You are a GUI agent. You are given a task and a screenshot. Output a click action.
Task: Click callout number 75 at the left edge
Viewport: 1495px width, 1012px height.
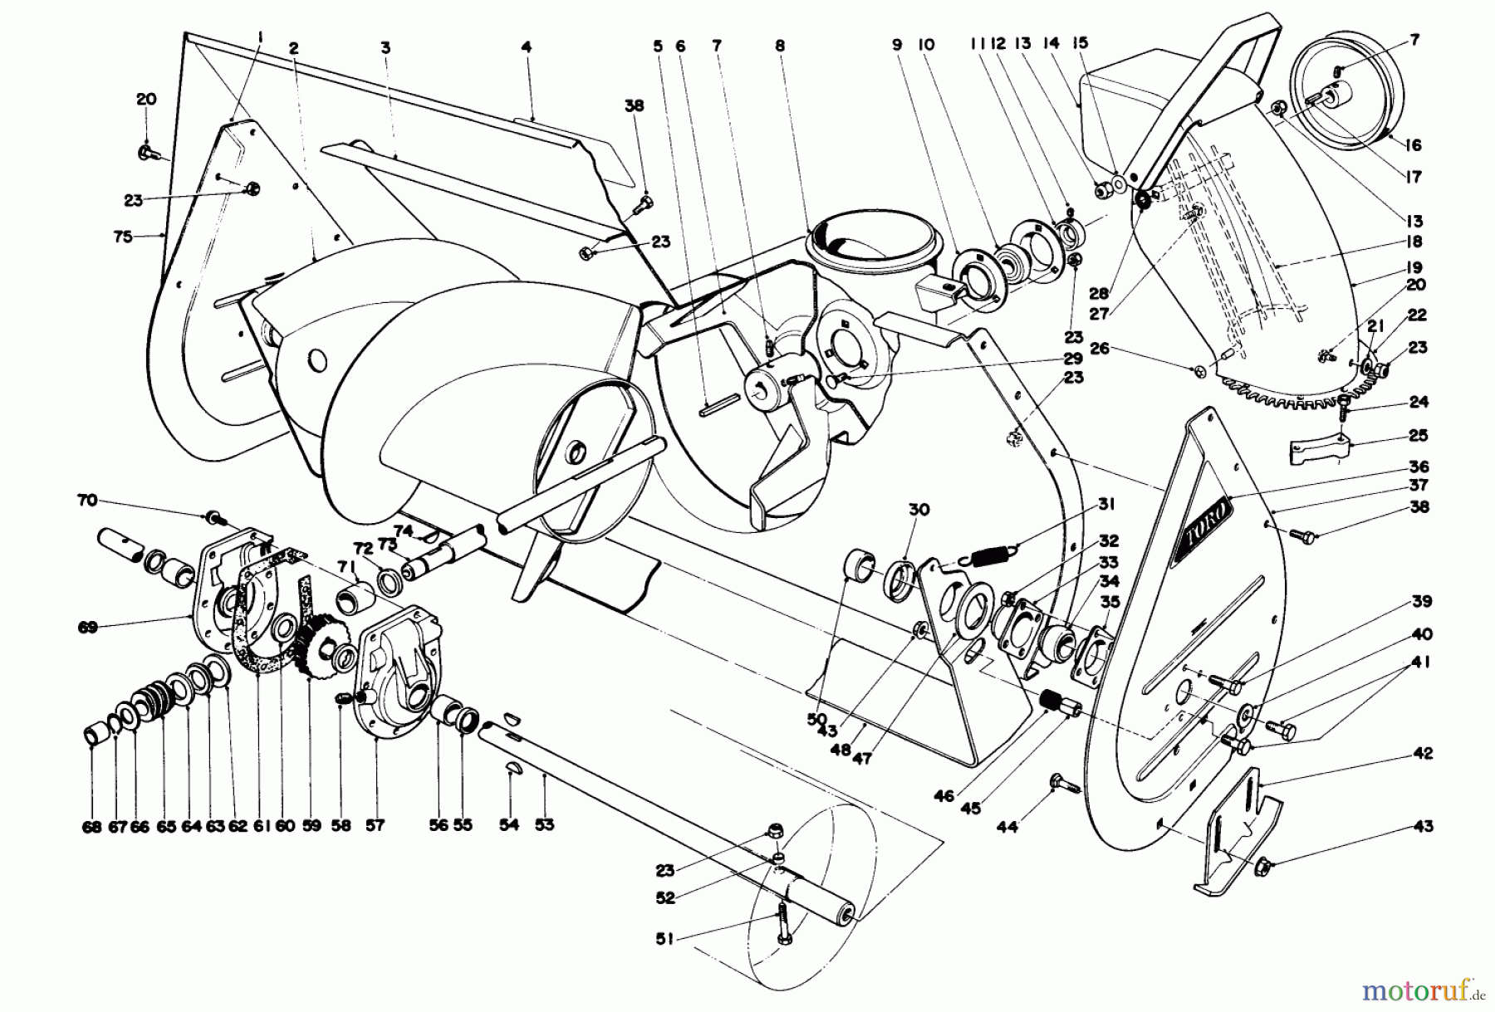pos(123,237)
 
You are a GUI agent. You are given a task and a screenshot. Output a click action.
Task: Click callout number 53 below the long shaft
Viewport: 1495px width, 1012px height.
pos(544,824)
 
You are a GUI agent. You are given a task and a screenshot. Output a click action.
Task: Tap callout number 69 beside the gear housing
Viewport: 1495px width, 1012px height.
pos(87,628)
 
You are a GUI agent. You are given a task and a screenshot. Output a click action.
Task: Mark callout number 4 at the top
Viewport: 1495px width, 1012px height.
pos(526,47)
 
